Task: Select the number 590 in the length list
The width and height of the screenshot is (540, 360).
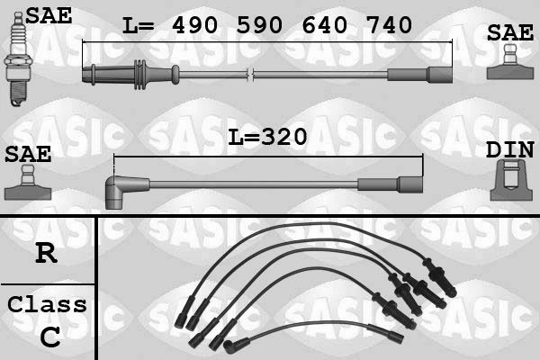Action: (263, 25)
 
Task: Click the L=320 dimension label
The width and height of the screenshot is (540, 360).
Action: (267, 137)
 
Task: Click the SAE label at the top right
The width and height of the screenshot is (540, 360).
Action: (509, 33)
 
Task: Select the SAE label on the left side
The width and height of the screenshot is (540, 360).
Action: (27, 153)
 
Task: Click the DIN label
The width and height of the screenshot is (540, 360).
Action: (509, 150)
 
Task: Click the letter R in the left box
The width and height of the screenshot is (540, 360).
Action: (46, 253)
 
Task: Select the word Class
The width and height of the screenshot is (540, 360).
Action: (47, 304)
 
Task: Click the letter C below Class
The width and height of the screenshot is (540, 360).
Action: (49, 337)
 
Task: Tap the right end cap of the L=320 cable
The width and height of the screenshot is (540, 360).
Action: (410, 184)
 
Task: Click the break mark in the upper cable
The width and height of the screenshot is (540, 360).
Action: (253, 73)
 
